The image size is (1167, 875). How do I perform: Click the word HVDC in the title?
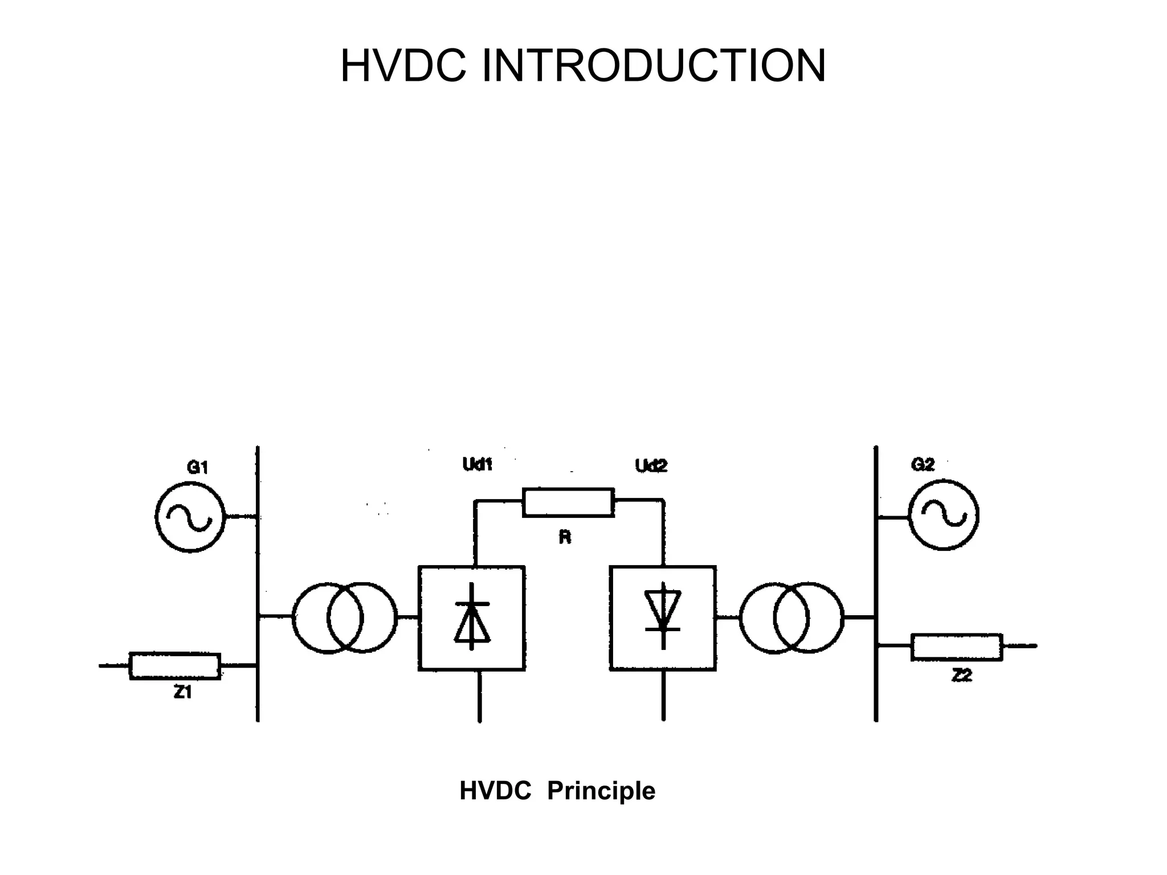click(403, 66)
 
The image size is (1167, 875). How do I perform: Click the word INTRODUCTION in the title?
click(654, 66)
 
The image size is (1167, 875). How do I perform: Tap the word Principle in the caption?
click(601, 791)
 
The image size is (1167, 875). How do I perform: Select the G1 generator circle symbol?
click(190, 517)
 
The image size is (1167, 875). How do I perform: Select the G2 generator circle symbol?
click(943, 515)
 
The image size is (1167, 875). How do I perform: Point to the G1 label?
click(197, 468)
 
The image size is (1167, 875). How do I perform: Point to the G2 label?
click(923, 465)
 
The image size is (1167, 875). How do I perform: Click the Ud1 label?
click(477, 465)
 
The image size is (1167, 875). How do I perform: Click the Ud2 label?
click(651, 466)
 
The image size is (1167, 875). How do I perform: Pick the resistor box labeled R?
click(568, 502)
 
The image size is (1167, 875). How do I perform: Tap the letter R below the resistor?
click(565, 537)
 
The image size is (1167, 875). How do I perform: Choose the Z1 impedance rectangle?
click(175, 665)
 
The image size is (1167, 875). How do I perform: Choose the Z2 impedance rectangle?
click(956, 647)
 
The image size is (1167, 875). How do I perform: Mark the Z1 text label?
click(182, 692)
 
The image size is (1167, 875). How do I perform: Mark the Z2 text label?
click(962, 676)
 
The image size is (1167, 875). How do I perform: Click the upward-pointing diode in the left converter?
click(472, 618)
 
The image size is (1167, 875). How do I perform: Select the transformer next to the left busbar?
click(344, 618)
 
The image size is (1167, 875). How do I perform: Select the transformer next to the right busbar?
click(791, 618)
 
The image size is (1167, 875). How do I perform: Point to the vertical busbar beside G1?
click(258, 570)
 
